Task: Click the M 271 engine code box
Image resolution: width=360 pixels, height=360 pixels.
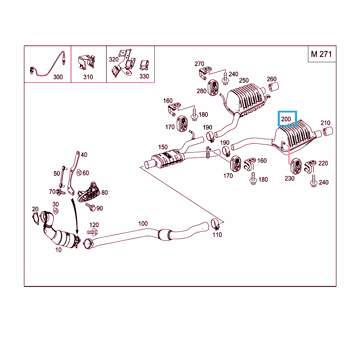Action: tap(322, 54)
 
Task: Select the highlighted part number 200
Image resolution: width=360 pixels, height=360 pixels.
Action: tap(287, 119)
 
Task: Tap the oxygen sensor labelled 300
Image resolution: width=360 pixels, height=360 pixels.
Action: tap(47, 64)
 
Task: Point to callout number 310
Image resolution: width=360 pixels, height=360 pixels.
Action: tap(88, 77)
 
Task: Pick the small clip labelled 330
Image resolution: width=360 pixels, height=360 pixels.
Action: tap(144, 65)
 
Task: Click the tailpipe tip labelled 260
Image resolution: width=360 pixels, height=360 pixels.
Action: tap(274, 87)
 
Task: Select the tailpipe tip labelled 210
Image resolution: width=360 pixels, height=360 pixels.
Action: tap(328, 131)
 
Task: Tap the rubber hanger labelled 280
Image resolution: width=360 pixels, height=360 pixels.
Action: tap(213, 88)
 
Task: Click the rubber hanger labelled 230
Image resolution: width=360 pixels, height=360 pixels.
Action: tap(296, 166)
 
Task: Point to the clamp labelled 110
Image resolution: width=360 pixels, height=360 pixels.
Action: tap(216, 224)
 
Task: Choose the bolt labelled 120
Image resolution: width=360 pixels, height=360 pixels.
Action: tap(92, 232)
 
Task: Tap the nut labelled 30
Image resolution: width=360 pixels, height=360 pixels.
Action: tap(56, 211)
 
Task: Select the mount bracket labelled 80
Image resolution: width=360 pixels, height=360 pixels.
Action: tap(89, 192)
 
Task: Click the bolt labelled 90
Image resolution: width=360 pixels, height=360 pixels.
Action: tap(90, 207)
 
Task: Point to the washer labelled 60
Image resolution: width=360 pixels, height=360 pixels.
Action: tap(79, 172)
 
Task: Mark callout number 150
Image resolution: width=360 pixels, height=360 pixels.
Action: tap(163, 147)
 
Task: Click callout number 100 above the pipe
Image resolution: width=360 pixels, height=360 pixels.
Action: tap(143, 223)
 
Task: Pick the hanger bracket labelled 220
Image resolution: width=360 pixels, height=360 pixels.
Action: tap(310, 166)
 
